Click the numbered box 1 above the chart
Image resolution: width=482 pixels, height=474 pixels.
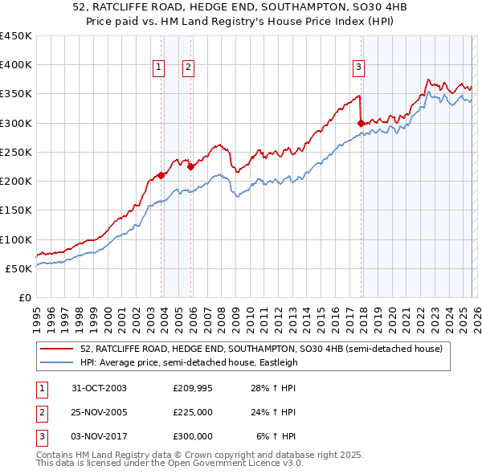coord(160,68)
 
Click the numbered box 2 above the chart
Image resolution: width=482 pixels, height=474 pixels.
coord(188,68)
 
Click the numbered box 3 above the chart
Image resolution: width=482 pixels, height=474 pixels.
coord(358,68)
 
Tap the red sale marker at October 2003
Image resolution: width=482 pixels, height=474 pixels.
coord(161,174)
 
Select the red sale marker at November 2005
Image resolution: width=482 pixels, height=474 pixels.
coord(191,166)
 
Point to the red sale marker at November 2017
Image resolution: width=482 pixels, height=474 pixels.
coord(361,123)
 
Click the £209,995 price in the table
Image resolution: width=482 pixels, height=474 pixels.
coord(193,388)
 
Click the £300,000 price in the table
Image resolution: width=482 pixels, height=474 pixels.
coord(193,436)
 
